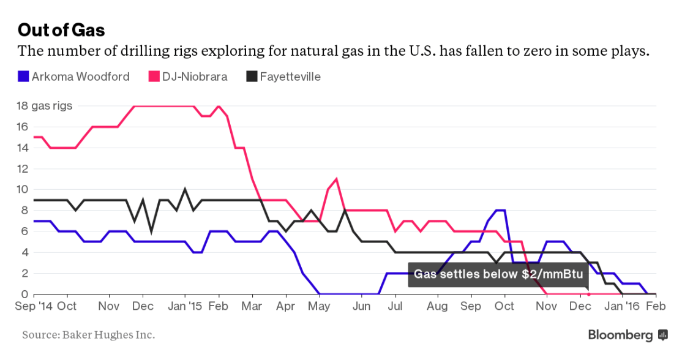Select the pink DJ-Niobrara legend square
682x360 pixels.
154,77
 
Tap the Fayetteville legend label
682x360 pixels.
290,77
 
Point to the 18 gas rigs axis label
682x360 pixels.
44,106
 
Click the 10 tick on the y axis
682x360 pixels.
22,189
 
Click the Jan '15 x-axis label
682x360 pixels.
184,306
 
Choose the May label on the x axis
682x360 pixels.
319,306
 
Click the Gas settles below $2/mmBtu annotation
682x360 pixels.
498,274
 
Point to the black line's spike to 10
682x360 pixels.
185,189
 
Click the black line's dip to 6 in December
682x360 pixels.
151,231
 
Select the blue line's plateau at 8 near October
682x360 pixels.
500,210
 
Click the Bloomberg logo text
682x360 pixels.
620,335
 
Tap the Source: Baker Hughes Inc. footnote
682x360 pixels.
89,335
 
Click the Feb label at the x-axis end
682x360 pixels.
656,306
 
